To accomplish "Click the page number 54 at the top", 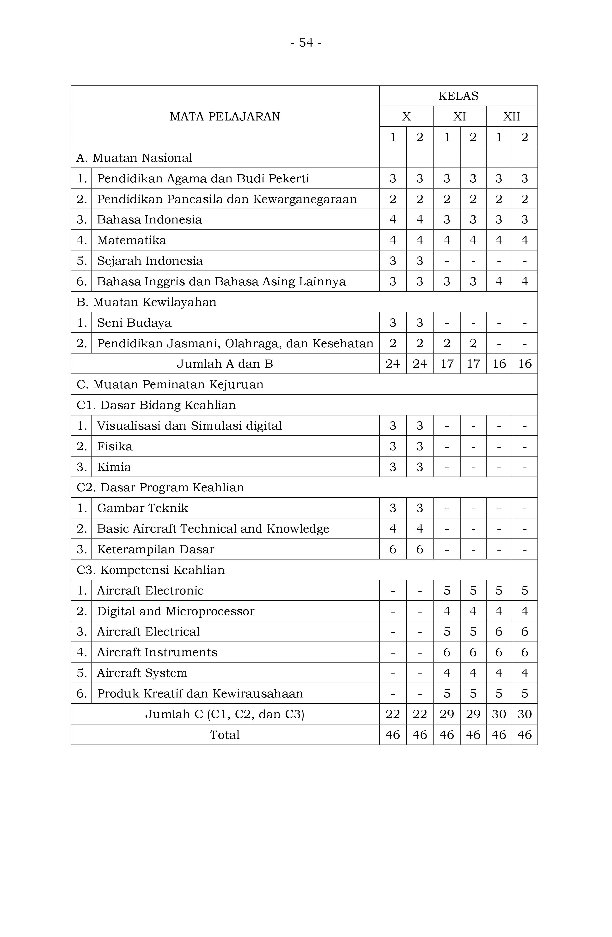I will [x=306, y=42].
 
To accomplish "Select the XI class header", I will [x=459, y=117].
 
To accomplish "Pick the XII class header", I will [x=512, y=117].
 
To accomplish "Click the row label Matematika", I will [x=132, y=240].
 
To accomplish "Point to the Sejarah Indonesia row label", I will [x=150, y=261].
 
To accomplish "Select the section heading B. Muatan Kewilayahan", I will [x=146, y=302].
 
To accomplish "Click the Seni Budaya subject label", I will [x=134, y=323].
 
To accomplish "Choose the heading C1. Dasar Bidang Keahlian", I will [x=156, y=405].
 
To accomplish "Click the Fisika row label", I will [x=115, y=446].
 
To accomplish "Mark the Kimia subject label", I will [x=114, y=467].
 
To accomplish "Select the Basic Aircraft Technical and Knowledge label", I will [x=213, y=529].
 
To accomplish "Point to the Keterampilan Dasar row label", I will [x=156, y=549].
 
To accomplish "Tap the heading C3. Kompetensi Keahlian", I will [x=151, y=570].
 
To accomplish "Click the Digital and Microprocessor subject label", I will [x=176, y=611].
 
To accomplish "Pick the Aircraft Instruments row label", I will [x=157, y=652].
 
